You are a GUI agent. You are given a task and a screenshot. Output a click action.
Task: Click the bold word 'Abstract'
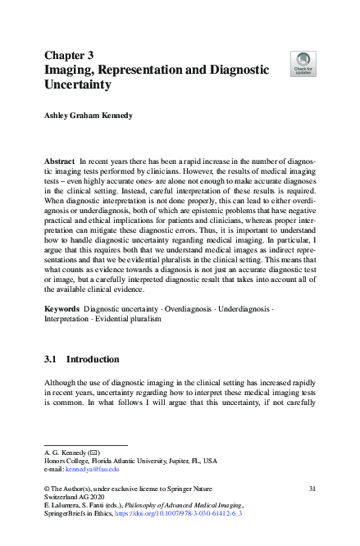coord(59,164)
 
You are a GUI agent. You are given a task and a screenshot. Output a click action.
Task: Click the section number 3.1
coord(50,359)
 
